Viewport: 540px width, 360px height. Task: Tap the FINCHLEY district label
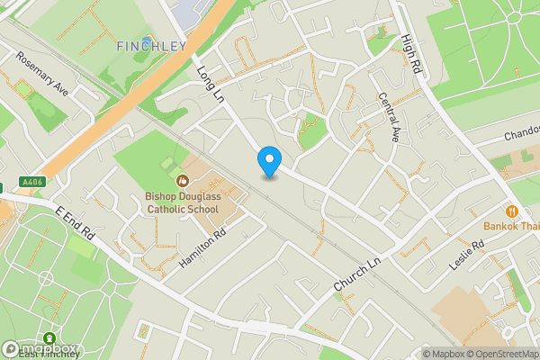(151, 45)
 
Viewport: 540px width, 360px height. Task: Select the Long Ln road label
(211, 82)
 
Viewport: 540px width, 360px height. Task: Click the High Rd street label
(412, 49)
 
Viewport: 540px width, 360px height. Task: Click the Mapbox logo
(40, 348)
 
